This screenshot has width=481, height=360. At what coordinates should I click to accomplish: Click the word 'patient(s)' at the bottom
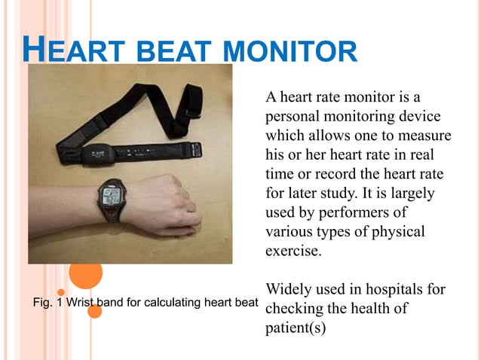296,328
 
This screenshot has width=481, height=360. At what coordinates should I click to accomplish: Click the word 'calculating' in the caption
171,304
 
